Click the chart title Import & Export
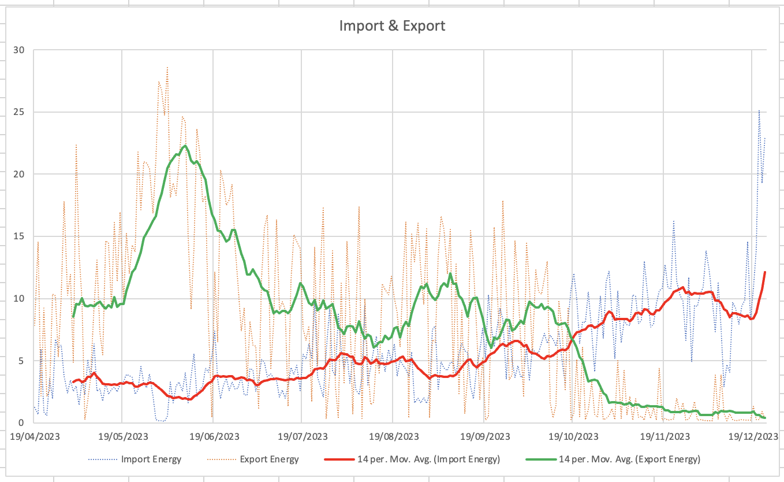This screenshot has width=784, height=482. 392,26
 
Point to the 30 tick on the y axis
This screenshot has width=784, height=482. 19,50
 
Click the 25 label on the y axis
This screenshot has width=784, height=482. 19,112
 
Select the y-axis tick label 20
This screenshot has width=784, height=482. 19,174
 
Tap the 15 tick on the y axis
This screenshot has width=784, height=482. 19,236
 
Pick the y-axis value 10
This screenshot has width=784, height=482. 19,298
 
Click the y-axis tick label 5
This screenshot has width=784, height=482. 21,361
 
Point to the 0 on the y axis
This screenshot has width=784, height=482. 21,423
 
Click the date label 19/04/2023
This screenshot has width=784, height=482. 35,436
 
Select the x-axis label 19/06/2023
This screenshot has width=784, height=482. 214,436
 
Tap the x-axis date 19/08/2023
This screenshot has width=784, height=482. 394,436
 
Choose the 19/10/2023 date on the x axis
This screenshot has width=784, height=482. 573,436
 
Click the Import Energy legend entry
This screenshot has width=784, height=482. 135,459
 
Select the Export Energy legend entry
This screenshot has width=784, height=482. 253,459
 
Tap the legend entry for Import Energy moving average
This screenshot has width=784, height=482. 412,459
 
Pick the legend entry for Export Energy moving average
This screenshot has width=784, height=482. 613,459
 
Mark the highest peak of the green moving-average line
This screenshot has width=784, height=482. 185,146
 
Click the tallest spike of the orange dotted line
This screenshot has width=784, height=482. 167,67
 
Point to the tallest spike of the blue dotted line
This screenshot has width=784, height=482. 759,110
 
